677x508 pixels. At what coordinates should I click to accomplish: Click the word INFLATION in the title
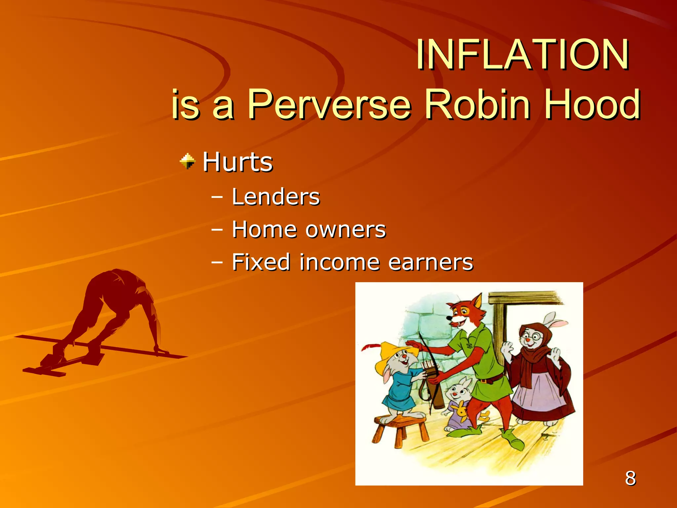pyautogui.click(x=522, y=55)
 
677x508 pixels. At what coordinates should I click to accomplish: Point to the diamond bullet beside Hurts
pyautogui.click(x=188, y=161)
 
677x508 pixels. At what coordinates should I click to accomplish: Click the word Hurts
pyautogui.click(x=237, y=162)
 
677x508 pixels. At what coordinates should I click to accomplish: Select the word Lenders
pyautogui.click(x=276, y=197)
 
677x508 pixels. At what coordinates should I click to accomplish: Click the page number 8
pyautogui.click(x=630, y=478)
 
